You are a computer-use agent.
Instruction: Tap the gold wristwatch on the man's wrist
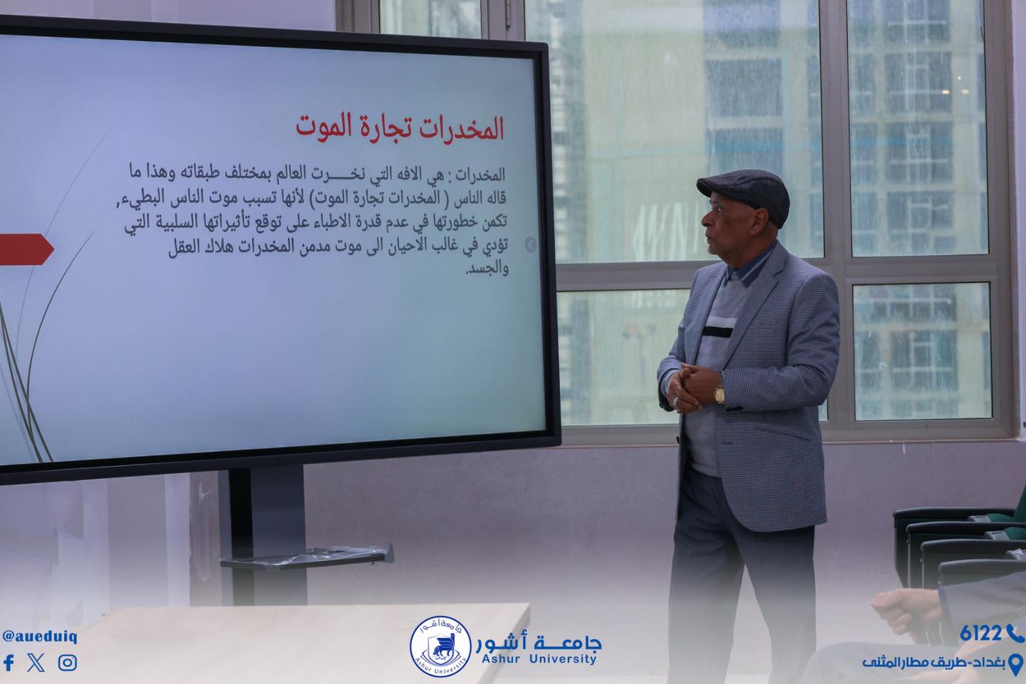720,394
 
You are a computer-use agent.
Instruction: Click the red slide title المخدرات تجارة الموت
400,126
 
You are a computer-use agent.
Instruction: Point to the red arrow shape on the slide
25,249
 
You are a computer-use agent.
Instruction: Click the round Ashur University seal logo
440,646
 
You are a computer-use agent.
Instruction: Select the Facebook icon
9,663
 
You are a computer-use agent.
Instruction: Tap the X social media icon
36,663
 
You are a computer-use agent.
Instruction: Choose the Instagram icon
67,663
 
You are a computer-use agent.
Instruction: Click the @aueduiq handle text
40,637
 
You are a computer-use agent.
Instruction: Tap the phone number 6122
980,633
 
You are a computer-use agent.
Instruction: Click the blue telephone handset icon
1015,633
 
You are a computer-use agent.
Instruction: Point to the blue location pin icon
1016,664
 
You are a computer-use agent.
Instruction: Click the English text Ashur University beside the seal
539,659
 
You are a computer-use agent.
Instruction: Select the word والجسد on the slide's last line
487,269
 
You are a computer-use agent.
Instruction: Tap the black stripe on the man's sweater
717,331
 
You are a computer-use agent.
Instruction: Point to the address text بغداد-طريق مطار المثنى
933,663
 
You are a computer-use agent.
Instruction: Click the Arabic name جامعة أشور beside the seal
539,641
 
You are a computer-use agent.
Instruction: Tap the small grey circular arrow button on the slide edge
530,245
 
